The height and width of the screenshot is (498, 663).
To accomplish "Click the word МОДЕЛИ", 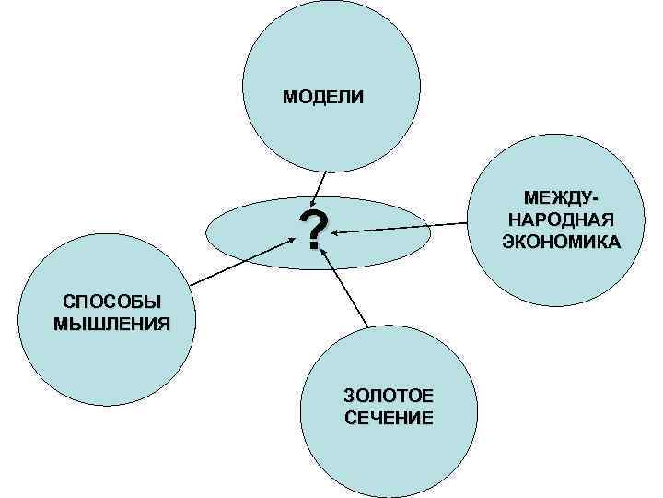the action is pos(322,96).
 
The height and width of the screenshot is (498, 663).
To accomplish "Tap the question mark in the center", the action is pos(314,231).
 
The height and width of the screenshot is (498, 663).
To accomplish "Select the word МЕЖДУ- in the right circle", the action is pos(559,199).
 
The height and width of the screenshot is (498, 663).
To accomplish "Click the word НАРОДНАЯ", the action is pos(561,220).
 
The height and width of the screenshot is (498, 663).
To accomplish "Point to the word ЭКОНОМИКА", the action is pos(561,242).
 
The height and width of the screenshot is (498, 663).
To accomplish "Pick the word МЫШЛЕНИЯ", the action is pos(111,324).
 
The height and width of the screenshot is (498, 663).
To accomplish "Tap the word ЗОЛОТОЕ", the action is pos(388,397).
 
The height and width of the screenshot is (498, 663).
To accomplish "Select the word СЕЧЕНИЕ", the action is pos(388,418).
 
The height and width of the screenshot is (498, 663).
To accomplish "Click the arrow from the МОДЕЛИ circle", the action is pos(320,188).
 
